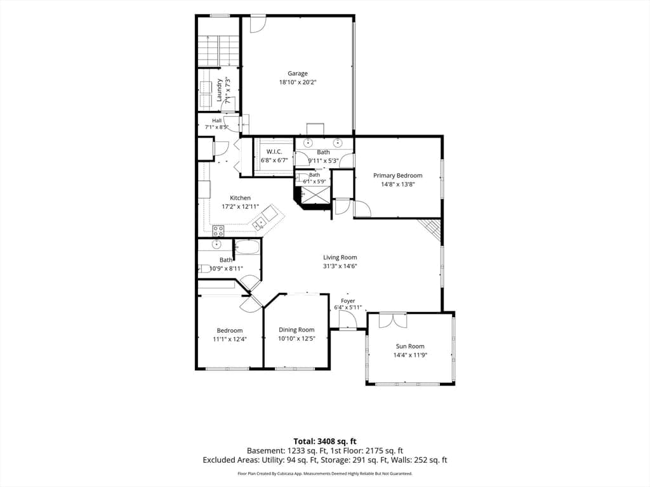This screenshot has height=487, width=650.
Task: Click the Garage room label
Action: tap(298, 74)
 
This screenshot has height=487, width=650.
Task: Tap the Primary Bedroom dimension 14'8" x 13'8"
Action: tap(397, 185)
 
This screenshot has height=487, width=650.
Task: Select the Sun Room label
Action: tap(410, 346)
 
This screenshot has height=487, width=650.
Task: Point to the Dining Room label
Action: tap(296, 330)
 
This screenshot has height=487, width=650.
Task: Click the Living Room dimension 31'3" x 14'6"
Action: tap(340, 266)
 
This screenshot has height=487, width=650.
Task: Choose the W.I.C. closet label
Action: tap(274, 152)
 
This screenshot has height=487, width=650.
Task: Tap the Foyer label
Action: tap(348, 301)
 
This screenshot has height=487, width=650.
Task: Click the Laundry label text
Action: tap(219, 90)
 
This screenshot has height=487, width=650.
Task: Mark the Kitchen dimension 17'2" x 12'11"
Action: tap(240, 206)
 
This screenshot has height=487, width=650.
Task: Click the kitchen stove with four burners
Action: tap(218, 231)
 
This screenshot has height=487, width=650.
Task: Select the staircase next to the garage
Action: tap(218, 51)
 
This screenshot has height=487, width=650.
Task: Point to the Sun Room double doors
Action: tap(393, 320)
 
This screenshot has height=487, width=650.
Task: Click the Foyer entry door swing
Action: tap(347, 320)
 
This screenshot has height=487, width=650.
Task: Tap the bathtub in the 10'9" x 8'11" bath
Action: tap(248, 248)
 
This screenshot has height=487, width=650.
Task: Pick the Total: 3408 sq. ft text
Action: tap(325, 441)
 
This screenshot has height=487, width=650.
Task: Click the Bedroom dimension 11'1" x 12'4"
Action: tap(230, 339)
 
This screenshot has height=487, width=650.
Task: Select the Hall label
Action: tap(217, 120)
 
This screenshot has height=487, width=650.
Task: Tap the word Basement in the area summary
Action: tap(263, 451)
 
